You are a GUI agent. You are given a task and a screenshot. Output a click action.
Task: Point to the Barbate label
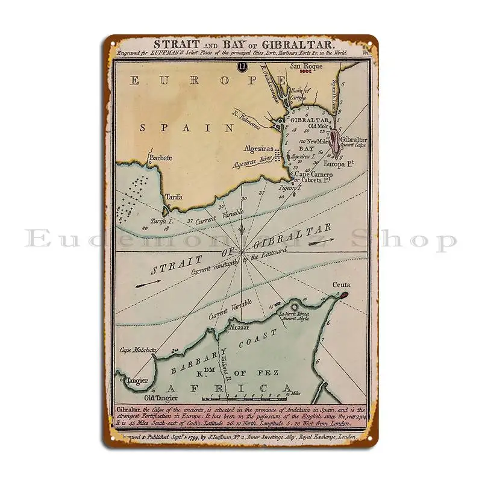(160, 158)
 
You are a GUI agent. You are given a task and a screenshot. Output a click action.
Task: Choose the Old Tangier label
(156, 398)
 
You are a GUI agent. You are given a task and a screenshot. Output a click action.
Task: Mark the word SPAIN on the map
(187, 127)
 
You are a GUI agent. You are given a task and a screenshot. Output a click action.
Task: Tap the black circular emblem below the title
(242, 66)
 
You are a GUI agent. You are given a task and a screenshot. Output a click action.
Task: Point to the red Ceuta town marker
(345, 295)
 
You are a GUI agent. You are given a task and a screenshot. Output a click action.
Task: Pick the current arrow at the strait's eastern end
(322, 241)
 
